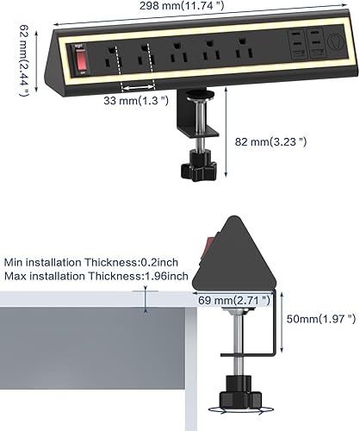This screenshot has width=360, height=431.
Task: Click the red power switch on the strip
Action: pos(83,61)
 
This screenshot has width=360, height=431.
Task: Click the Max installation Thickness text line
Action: pos(95,276)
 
